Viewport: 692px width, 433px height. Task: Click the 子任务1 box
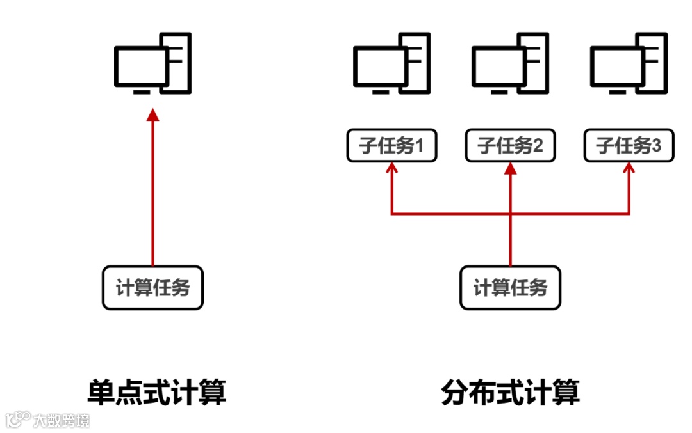pyautogui.click(x=391, y=146)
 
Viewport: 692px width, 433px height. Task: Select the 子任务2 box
pyautogui.click(x=510, y=146)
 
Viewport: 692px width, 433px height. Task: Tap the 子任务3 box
pyautogui.click(x=629, y=146)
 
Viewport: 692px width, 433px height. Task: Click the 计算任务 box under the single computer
pyautogui.click(x=152, y=288)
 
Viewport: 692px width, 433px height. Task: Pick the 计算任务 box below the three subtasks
pyautogui.click(x=510, y=288)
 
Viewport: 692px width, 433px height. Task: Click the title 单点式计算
pyautogui.click(x=157, y=391)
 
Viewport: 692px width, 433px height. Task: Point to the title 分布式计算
pyautogui.click(x=510, y=391)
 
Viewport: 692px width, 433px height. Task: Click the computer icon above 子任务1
pyautogui.click(x=391, y=63)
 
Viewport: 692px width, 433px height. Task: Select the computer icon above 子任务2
pyautogui.click(x=510, y=63)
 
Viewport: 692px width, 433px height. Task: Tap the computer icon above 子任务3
pyautogui.click(x=629, y=63)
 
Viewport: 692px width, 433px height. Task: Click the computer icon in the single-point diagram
pyautogui.click(x=152, y=63)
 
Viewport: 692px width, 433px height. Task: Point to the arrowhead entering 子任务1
pyautogui.click(x=391, y=168)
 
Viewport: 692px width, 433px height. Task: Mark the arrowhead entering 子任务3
pyautogui.click(x=629, y=168)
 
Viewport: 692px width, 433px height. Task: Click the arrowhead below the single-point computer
pyautogui.click(x=152, y=114)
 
